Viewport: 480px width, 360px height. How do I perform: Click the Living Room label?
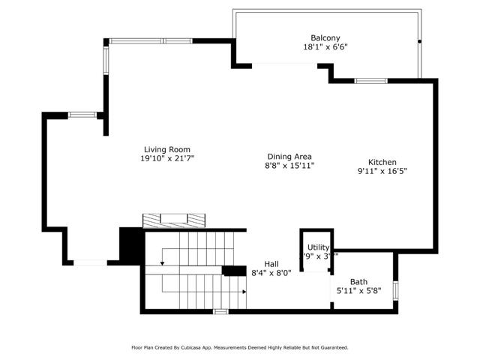pyautogui.click(x=167, y=149)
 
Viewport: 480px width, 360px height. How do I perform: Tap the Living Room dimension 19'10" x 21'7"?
pyautogui.click(x=167, y=159)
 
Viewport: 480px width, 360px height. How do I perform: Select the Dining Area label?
pyautogui.click(x=289, y=157)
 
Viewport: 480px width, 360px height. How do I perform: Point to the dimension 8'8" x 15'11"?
pyautogui.click(x=289, y=166)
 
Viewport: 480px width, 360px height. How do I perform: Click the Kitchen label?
pyautogui.click(x=382, y=162)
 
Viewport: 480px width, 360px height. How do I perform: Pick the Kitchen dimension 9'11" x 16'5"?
pyautogui.click(x=382, y=171)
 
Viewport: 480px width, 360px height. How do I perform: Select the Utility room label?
pyautogui.click(x=319, y=247)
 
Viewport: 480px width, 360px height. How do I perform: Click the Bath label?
pyautogui.click(x=358, y=282)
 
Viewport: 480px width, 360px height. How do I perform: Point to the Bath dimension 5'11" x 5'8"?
pyautogui.click(x=358, y=291)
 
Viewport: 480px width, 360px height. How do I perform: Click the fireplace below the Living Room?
pyautogui.click(x=174, y=219)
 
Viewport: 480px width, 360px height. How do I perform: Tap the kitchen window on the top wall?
pyautogui.click(x=370, y=80)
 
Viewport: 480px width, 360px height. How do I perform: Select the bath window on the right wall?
pyautogui.click(x=395, y=289)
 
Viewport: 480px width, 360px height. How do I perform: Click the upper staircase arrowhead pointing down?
pyautogui.click(x=162, y=264)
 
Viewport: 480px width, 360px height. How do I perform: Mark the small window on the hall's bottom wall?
pyautogui.click(x=220, y=310)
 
